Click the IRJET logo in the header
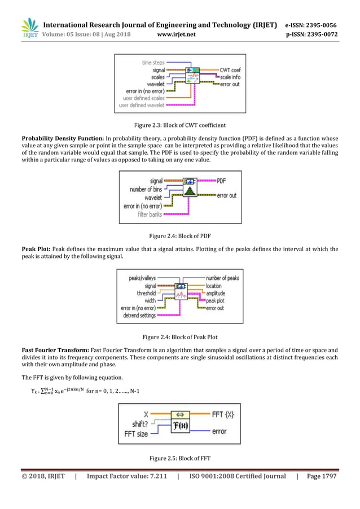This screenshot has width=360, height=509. tap(29, 29)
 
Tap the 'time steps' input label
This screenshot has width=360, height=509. tap(153, 63)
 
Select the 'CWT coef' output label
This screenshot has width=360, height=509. tap(230, 70)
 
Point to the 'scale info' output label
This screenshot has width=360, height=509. tap(230, 77)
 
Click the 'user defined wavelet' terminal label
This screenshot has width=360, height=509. tap(142, 104)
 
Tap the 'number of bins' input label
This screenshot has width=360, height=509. tap(146, 190)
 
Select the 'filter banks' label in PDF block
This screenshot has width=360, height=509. tap(150, 214)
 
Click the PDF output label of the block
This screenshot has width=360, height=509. tap(224, 181)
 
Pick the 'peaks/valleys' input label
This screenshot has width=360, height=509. tap(142, 278)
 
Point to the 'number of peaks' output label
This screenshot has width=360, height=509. tap(222, 278)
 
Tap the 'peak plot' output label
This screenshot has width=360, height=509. tap(217, 301)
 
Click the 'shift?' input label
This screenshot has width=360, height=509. tap(141, 424)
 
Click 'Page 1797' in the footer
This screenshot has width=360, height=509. tap(321, 476)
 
